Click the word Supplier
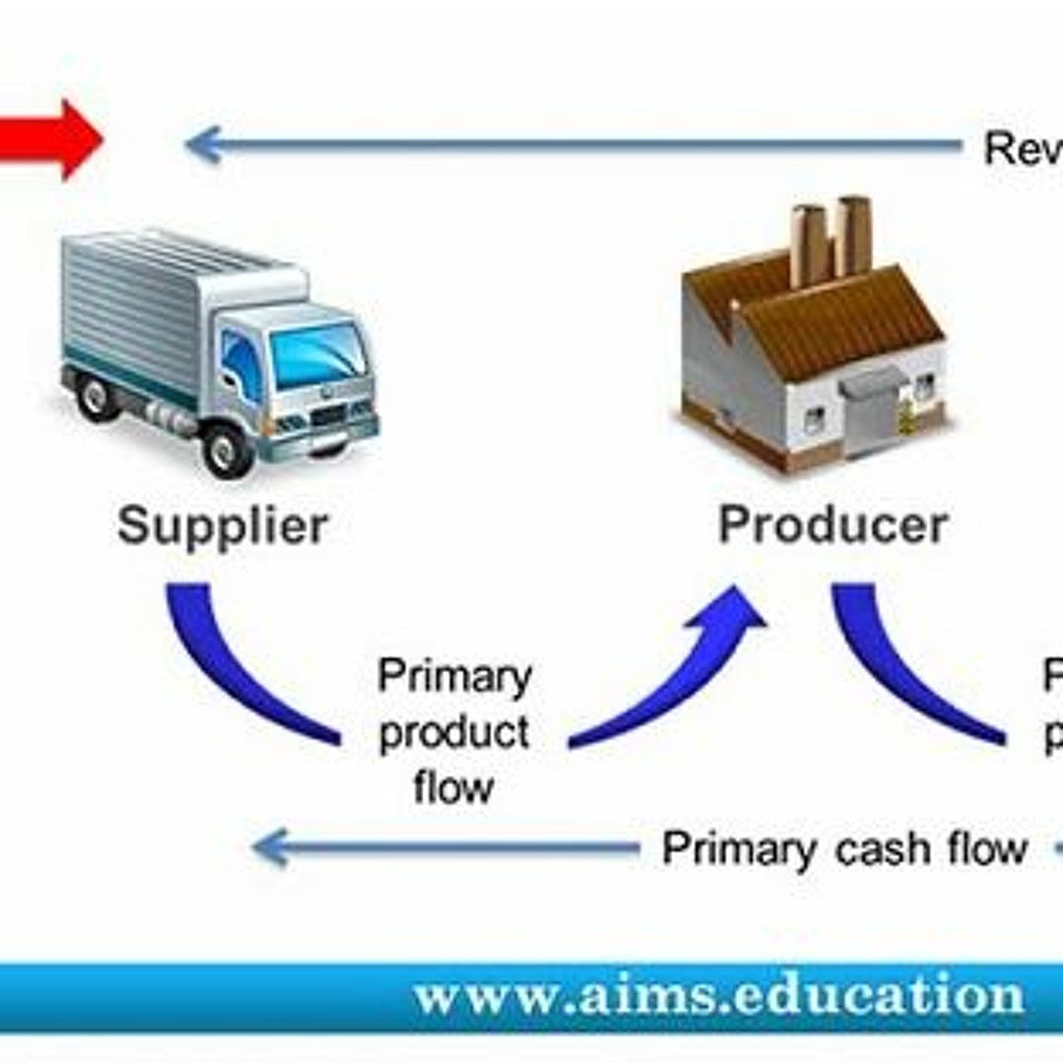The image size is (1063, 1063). point(222,528)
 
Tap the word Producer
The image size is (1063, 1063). point(833,526)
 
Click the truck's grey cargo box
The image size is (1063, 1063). point(148,305)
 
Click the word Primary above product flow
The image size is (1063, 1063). point(455,677)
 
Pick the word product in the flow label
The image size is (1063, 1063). point(455,733)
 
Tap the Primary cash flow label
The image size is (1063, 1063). point(844,848)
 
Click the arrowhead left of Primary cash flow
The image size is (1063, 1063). point(271,847)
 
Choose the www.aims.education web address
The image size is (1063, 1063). point(719,996)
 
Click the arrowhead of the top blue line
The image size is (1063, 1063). point(203,145)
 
